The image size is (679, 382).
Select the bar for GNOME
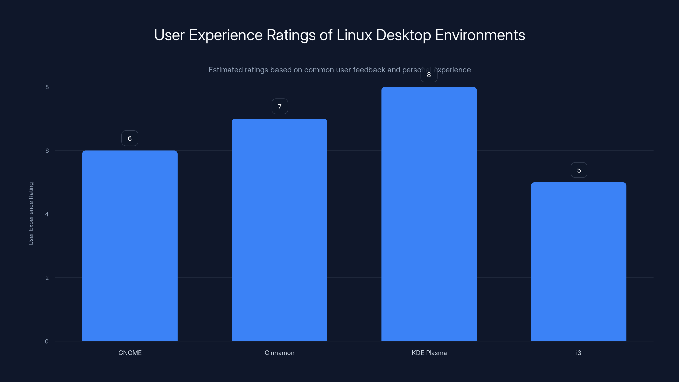tap(130, 246)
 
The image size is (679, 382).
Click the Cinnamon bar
tap(279, 230)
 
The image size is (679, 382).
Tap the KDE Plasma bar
tap(429, 214)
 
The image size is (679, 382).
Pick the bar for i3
tap(579, 261)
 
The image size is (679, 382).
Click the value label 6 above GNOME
tap(130, 138)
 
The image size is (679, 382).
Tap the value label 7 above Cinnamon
tap(280, 107)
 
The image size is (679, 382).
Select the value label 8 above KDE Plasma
tap(429, 75)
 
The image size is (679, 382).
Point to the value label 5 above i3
tap(579, 170)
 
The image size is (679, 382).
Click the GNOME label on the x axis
tap(130, 353)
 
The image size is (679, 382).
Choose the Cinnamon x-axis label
tap(279, 353)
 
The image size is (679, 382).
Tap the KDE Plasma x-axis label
tap(429, 353)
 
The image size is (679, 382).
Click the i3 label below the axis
tap(579, 353)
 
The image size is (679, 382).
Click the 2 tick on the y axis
tap(47, 278)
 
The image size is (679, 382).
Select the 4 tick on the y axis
tap(47, 214)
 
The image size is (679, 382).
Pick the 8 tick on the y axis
tap(47, 87)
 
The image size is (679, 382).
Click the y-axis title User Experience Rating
tap(31, 213)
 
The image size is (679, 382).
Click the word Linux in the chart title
tap(354, 35)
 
